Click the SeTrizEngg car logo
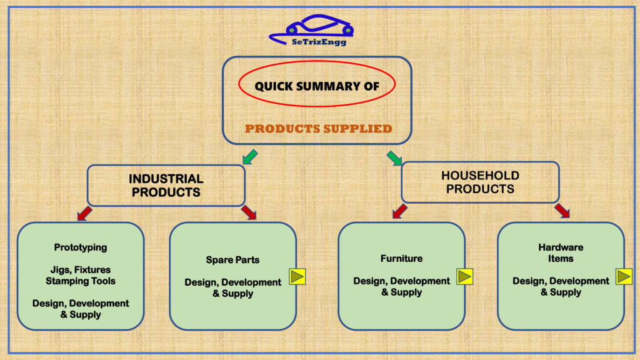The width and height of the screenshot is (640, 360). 311,30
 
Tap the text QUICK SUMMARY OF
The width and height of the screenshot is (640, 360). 317,86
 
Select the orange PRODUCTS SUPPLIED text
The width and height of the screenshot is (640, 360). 318,129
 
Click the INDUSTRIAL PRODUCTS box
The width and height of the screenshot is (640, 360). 166,185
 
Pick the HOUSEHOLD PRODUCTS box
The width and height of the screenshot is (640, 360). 481,182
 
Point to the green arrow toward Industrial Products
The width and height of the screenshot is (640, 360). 250,157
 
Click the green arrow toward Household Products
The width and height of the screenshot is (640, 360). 394,158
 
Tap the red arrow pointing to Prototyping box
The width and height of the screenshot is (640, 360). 84,213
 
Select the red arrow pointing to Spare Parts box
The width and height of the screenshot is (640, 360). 249,212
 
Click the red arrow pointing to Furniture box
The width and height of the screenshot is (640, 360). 399,211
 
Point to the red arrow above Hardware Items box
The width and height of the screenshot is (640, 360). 562,211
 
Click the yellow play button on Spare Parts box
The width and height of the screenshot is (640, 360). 297,277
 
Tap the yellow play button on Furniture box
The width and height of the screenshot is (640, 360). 464,276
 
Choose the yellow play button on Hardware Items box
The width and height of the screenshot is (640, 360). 624,276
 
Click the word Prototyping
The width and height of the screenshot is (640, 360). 81,247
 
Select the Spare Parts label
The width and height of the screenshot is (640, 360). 232,259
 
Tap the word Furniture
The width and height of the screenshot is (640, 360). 402,258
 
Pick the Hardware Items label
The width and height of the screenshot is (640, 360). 561,252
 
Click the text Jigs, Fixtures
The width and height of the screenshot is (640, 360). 81,270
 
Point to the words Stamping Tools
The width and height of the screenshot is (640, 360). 81,281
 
